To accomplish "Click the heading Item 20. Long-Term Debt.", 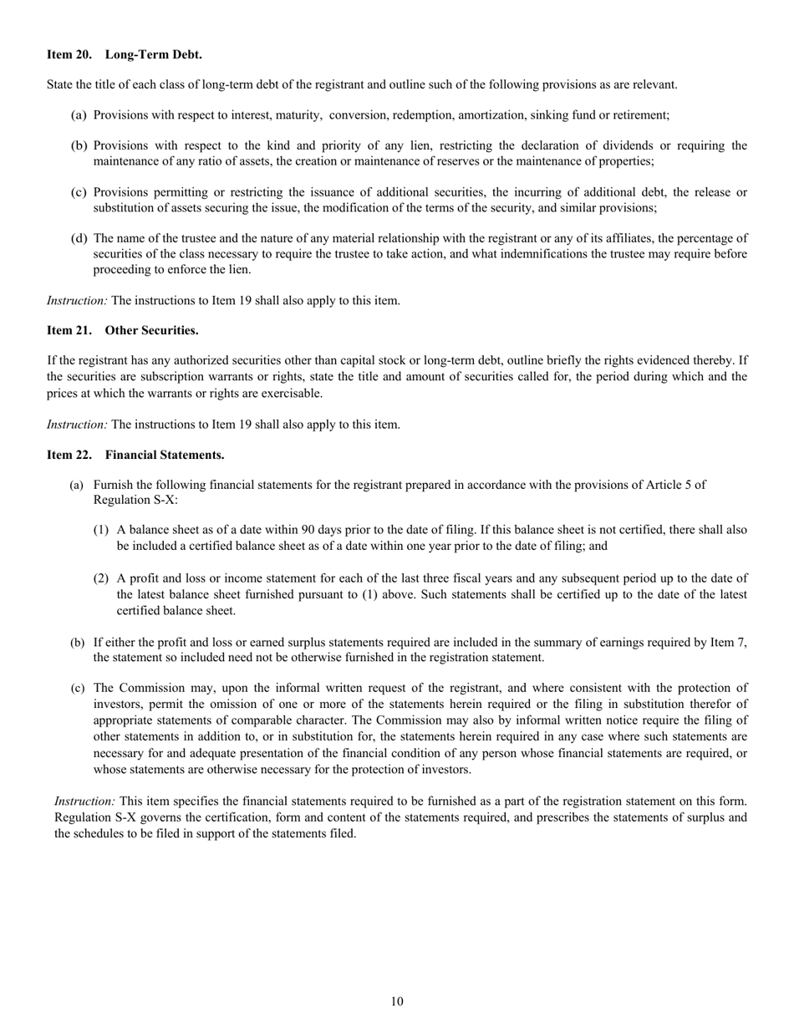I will pyautogui.click(x=124, y=55).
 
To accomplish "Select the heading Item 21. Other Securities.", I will pyautogui.click(x=122, y=330).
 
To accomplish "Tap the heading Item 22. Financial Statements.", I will pyautogui.click(x=135, y=455).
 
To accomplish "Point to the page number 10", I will pyautogui.click(x=397, y=1002).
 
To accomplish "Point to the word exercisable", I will pyautogui.click(x=290, y=393).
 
